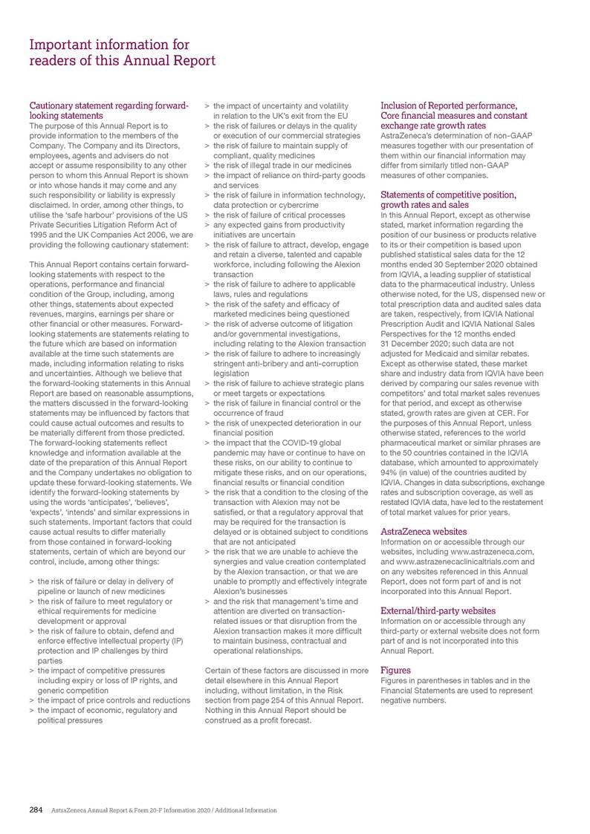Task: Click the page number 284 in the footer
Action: pyautogui.click(x=36, y=809)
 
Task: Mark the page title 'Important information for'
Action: pyautogui.click(x=109, y=45)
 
